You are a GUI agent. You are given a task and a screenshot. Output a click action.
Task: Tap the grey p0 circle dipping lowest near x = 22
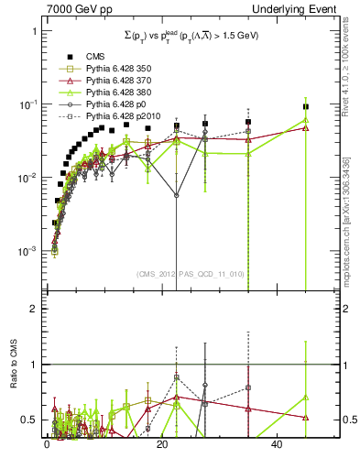[x=177, y=195]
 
